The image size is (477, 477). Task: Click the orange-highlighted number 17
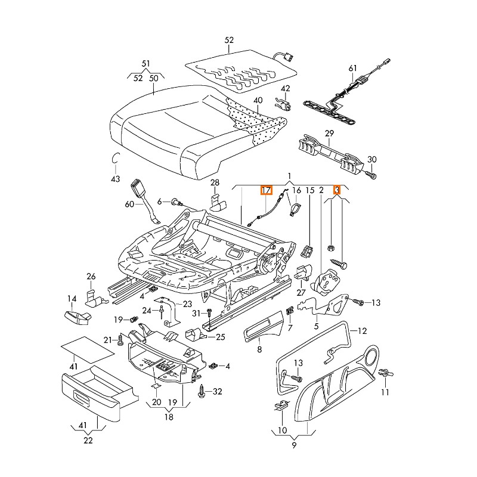265,191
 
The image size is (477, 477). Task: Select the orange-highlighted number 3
337,190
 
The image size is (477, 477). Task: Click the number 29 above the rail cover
329,134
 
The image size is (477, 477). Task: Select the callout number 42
286,89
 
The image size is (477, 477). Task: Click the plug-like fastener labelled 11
385,373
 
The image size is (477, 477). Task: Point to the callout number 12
362,330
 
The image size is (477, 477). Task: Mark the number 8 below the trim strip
259,350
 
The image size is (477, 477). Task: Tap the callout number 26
91,276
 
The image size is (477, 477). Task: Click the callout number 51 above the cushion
146,64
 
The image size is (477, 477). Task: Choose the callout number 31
196,314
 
